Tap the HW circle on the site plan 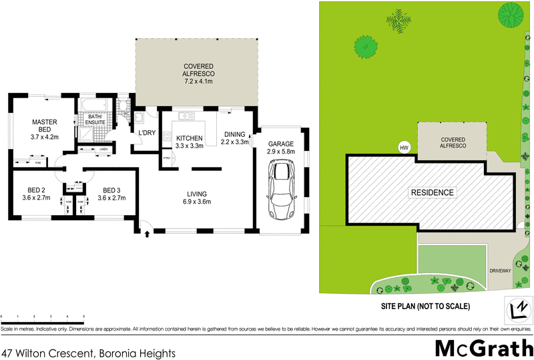click(x=403, y=148)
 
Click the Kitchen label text click(x=189, y=138)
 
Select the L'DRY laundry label click(x=146, y=133)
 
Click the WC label click(x=125, y=114)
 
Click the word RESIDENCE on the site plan click(x=432, y=192)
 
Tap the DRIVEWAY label click(x=500, y=271)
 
